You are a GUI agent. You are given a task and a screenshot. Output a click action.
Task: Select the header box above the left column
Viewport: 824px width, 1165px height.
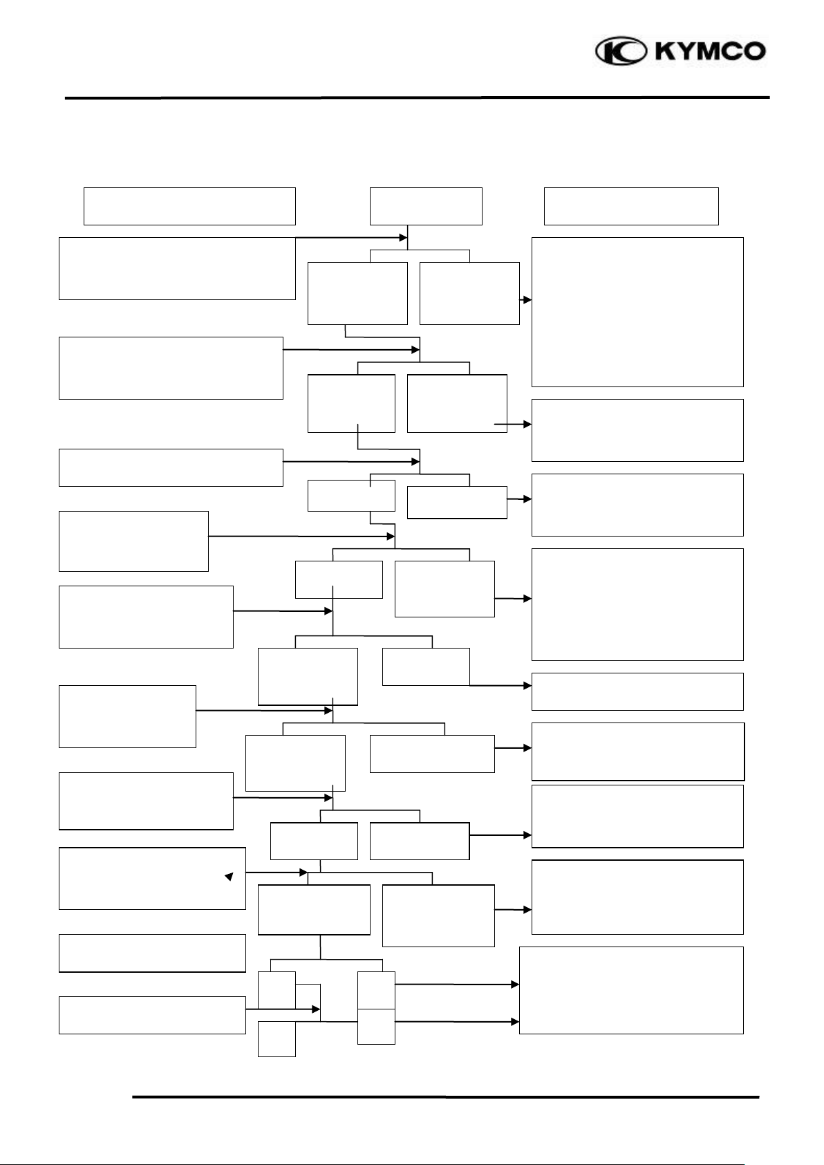(x=189, y=205)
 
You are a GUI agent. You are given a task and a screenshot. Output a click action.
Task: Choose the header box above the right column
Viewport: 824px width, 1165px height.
(x=631, y=205)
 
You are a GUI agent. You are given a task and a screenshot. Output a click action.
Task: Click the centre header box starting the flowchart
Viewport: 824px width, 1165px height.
(x=426, y=205)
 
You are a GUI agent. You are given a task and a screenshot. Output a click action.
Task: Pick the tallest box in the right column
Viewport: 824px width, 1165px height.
(x=637, y=312)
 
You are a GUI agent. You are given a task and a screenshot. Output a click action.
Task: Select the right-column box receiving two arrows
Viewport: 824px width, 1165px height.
(x=631, y=990)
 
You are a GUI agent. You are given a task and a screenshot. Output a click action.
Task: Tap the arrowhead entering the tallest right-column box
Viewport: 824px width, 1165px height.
(x=527, y=300)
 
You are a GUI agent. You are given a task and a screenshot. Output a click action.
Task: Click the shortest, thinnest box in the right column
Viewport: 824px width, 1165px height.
(x=637, y=691)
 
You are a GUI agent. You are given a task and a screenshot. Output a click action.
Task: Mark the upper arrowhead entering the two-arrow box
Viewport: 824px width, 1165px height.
(x=515, y=984)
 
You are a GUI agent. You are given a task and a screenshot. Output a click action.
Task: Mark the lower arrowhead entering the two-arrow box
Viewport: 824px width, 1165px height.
(x=515, y=1021)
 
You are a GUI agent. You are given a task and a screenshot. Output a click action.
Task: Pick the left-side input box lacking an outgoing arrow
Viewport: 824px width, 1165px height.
(x=152, y=953)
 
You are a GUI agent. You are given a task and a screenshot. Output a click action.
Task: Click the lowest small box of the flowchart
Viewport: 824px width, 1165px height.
(x=277, y=1039)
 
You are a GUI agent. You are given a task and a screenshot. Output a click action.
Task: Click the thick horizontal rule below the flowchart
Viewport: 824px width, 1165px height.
(x=446, y=1097)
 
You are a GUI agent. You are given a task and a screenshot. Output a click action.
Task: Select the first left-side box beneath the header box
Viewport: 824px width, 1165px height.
(x=177, y=268)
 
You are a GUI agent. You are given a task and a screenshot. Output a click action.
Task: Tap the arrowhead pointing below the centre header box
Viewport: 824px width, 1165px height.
(x=403, y=238)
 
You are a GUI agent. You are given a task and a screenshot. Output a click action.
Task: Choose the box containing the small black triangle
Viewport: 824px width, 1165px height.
(x=152, y=878)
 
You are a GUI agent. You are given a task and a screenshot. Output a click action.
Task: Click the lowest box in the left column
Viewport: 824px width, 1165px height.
(x=152, y=1015)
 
